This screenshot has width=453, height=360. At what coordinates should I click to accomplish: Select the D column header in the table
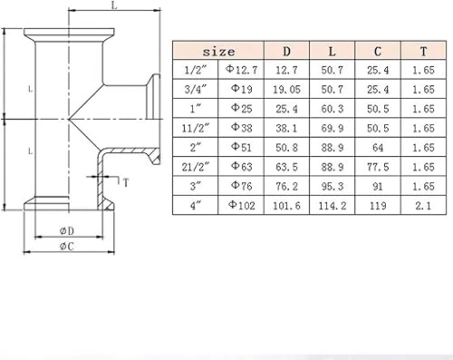tap(287, 52)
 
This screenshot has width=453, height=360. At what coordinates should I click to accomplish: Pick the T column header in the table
tap(415, 52)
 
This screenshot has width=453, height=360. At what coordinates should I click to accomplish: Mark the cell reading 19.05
tap(287, 91)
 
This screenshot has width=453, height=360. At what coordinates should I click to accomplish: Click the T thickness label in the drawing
tap(125, 181)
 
